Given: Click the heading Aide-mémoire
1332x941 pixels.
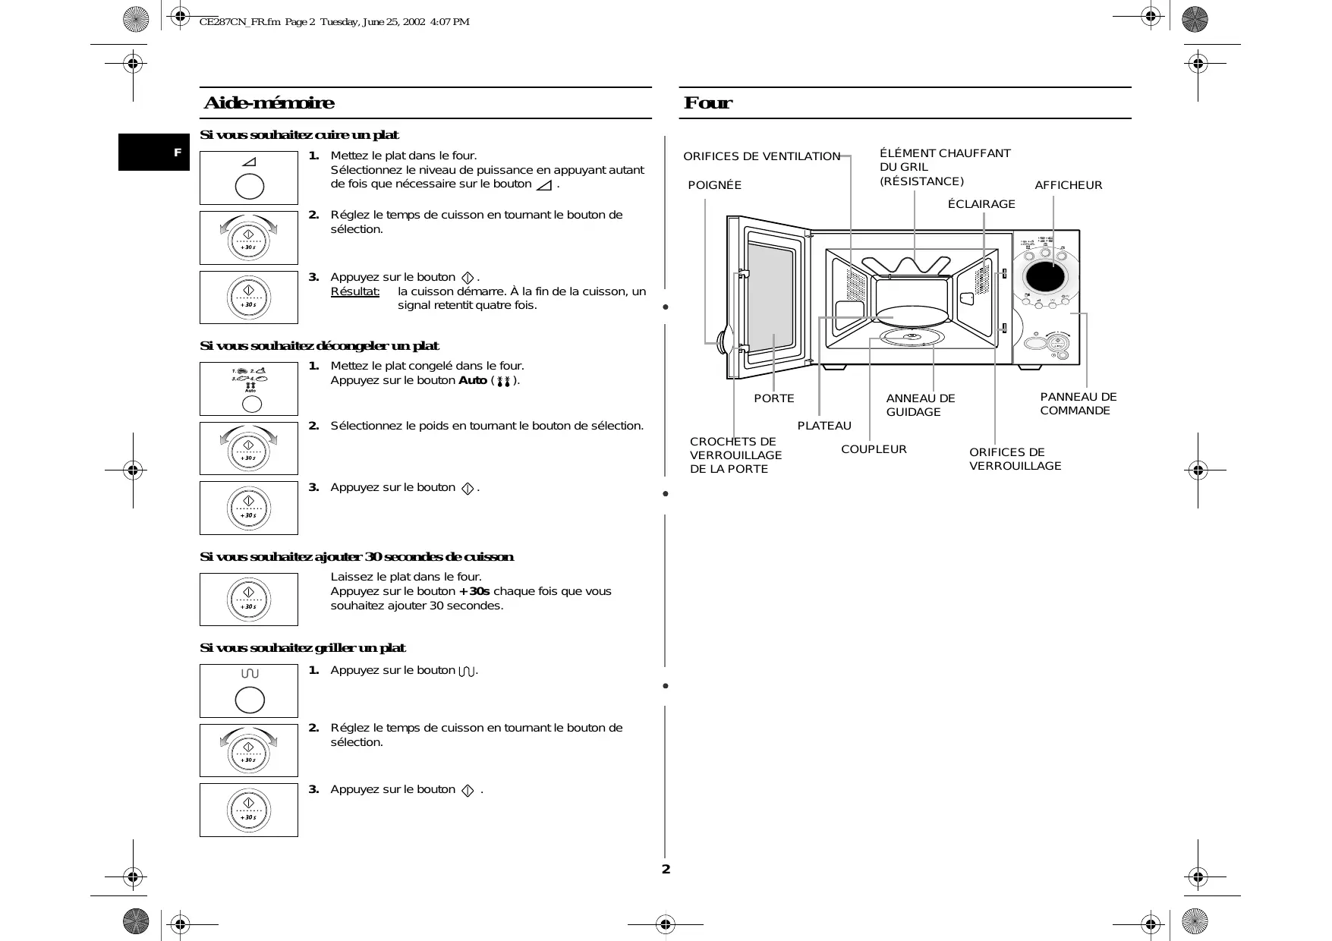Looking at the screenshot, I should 269,103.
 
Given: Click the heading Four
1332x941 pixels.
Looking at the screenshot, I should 707,103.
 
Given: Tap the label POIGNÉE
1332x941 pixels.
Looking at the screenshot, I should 714,185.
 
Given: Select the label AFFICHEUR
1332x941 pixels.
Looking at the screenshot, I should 1068,185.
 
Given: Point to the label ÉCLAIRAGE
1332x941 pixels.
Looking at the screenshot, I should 981,204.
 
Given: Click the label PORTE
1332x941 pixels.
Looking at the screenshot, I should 773,398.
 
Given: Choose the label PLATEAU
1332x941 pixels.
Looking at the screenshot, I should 824,426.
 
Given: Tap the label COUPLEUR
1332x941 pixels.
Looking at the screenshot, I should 874,449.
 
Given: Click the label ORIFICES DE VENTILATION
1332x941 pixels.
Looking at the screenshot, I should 761,156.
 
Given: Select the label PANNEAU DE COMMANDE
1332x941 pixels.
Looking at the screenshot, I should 1078,404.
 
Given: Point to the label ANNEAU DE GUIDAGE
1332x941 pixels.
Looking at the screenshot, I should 920,405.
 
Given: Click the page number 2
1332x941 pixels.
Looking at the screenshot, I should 666,869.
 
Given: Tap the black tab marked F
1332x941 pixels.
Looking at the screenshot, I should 154,153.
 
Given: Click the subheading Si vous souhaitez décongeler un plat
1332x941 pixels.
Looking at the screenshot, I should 319,346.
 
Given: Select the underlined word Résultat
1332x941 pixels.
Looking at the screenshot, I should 354,291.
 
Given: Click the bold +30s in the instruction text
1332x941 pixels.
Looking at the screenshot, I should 474,591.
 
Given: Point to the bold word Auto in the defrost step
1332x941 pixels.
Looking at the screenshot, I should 472,380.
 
